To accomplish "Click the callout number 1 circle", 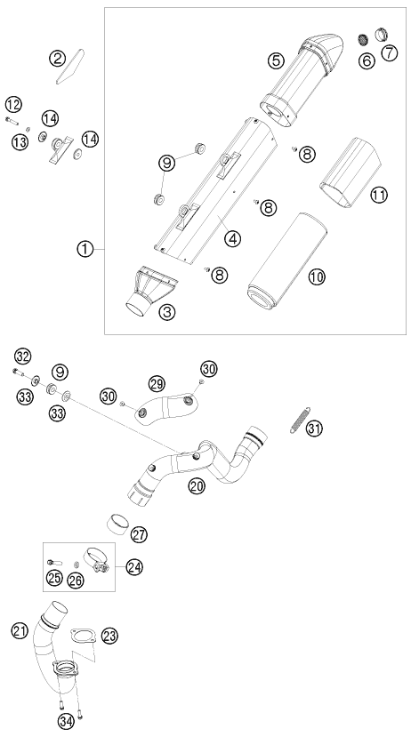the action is coord(85,249).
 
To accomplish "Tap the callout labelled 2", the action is coord(57,58).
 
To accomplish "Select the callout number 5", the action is coord(276,60).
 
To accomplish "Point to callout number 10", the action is coord(317,276).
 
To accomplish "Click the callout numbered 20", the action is coord(197,485).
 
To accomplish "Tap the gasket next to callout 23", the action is coord(84,637).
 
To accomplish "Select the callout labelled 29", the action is coord(157,383).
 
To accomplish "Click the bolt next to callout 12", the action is coord(12,121).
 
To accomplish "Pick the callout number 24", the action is coord(134,566).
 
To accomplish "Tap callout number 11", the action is coord(378,194).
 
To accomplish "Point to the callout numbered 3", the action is coord(166,311).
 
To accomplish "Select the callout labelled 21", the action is coord(20,631).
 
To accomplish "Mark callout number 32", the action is coord(22,356).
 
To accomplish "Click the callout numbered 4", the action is coord(232,238).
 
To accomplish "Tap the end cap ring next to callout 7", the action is coord(381,35).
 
